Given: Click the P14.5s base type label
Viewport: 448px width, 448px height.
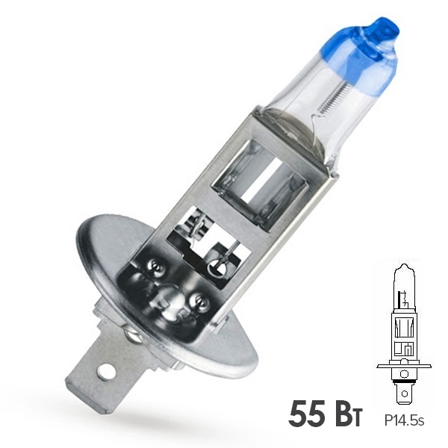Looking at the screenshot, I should [x=404, y=421].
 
